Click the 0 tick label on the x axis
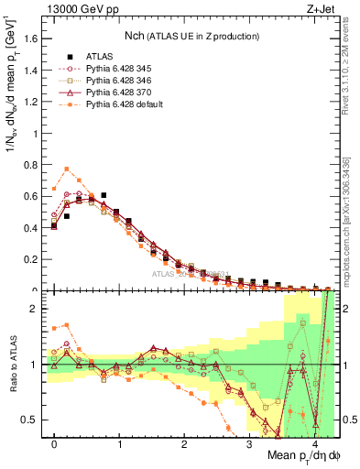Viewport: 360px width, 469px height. (x=54, y=444)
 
